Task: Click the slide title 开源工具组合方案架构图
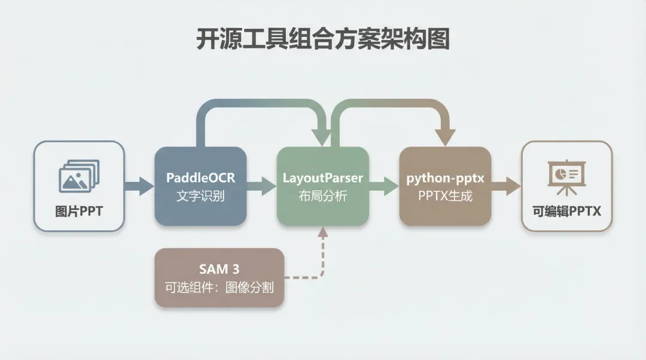322,39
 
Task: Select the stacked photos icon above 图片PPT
79,176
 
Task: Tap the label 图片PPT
79,211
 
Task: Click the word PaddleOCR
200,178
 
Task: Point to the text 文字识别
200,196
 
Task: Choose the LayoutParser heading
323,178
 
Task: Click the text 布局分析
323,196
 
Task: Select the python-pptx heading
446,178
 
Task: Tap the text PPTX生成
446,196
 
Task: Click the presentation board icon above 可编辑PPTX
566,177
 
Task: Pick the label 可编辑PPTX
567,211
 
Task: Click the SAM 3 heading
219,269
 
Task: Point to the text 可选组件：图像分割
219,287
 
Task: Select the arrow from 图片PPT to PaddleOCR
139,186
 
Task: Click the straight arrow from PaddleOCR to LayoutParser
261,186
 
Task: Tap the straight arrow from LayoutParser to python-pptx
384,186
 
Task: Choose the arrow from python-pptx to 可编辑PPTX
507,186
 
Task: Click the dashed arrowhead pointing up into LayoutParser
323,231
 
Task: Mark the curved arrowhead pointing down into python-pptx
445,137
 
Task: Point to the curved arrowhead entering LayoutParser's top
322,137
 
